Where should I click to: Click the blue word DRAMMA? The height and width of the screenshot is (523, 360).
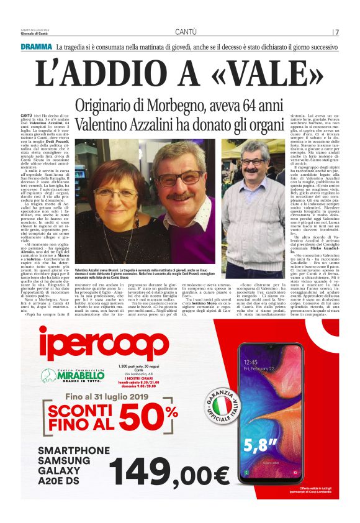35,47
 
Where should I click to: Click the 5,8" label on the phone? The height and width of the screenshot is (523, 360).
259,444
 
